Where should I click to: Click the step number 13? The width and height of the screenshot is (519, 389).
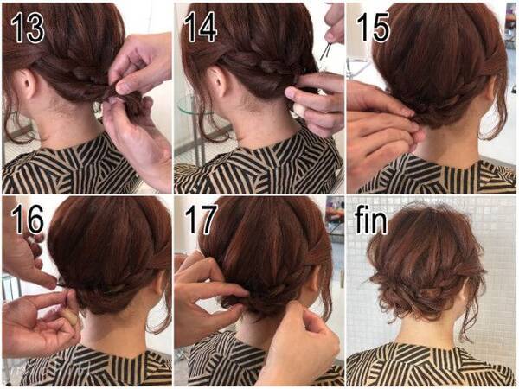(x=27, y=29)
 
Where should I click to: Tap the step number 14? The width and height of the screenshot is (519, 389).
(x=201, y=29)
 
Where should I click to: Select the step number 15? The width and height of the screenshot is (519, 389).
(x=373, y=29)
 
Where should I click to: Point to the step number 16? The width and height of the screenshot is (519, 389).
(x=27, y=220)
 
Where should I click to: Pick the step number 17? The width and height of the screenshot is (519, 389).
(x=201, y=220)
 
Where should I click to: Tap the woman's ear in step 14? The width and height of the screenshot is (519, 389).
(x=219, y=81)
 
